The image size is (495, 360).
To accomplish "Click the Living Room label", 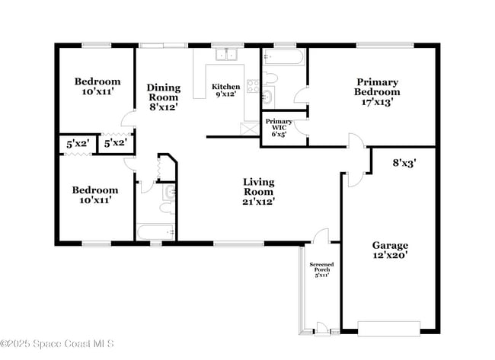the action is click(259, 192).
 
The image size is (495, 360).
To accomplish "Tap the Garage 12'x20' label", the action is click(390, 250).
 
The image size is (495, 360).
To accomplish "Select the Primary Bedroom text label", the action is click(377, 92).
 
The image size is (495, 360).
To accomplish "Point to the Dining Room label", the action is click(164, 97).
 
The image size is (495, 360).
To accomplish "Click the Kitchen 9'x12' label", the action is click(225, 90).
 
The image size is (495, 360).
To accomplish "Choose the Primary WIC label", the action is click(279, 127).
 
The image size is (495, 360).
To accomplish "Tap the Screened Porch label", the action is click(321, 269).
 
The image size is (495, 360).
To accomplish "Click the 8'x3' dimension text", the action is click(404, 163).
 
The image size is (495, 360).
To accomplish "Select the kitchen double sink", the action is click(227, 54).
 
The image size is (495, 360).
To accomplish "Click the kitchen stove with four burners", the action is click(253, 86).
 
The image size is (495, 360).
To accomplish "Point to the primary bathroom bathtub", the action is click(284, 57).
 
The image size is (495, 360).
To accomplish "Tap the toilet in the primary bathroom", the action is click(270, 78).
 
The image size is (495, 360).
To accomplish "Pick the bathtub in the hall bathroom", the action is click(156, 232).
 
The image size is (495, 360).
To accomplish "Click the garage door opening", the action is click(389, 329).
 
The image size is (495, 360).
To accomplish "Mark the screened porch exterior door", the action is click(322, 329).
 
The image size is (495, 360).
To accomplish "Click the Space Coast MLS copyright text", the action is click(57, 343).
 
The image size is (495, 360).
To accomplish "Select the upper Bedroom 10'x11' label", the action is click(97, 87).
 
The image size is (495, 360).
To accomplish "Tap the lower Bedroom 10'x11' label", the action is click(95, 195).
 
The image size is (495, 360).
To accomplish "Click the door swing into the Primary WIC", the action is click(300, 127).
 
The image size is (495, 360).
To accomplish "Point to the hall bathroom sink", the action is click(170, 192).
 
